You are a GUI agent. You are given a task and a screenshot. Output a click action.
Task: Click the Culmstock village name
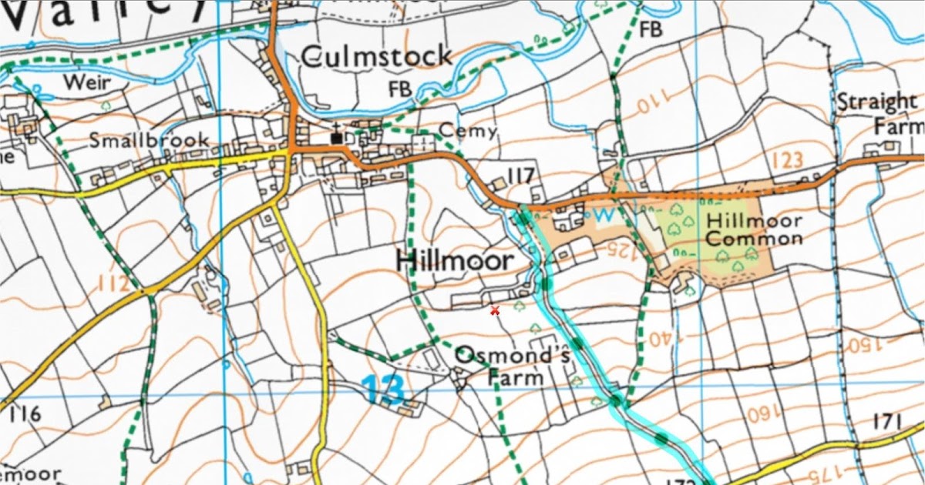(x=376, y=57)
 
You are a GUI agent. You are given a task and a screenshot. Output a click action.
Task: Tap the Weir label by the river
(x=87, y=82)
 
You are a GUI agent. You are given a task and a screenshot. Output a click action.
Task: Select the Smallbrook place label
(x=149, y=140)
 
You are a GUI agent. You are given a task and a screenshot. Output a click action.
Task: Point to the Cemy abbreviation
(x=467, y=132)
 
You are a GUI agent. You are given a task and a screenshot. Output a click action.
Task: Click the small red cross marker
(x=495, y=309)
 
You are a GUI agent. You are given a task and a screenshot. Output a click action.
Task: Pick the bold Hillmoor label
(x=454, y=260)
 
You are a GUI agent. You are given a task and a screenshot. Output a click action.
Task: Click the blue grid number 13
(x=382, y=390)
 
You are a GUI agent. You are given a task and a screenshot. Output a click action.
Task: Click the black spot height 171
(x=887, y=421)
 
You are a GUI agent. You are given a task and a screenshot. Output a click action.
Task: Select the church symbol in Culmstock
(x=337, y=135)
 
